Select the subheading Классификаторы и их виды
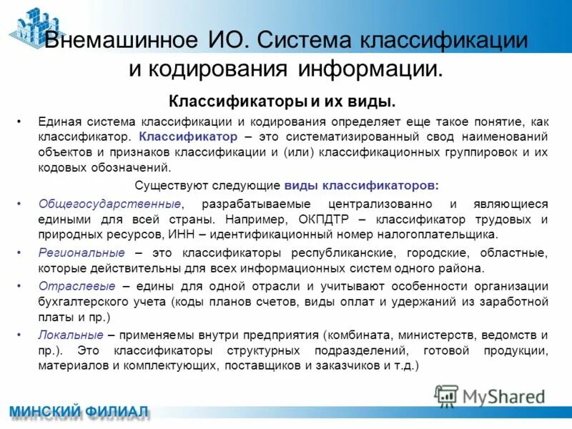pos(282,100)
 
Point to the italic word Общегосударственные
pos(109,204)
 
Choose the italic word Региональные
pos(82,253)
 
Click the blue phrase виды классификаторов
pos(360,185)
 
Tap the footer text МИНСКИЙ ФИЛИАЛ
pos(79,413)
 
